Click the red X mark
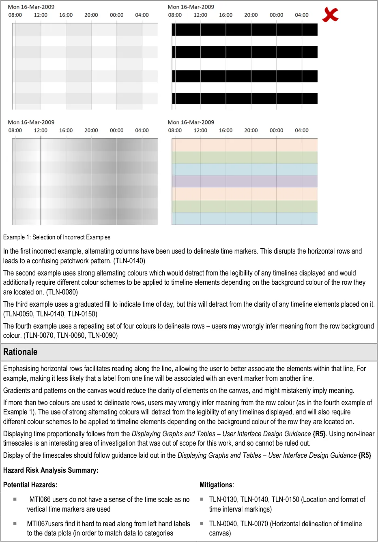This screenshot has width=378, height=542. click(x=330, y=15)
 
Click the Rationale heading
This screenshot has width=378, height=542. click(x=20, y=352)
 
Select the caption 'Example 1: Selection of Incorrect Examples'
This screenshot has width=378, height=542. click(x=57, y=237)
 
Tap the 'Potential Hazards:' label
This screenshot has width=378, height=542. click(x=30, y=485)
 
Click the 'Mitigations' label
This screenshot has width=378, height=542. click(x=216, y=485)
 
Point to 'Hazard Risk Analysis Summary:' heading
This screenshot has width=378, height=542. click(x=51, y=470)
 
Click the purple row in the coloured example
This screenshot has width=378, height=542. click(x=245, y=181)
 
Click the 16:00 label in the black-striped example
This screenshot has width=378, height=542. click(x=226, y=15)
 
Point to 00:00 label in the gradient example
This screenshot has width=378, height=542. click(x=116, y=130)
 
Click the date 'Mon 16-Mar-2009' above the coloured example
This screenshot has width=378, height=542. click(x=191, y=122)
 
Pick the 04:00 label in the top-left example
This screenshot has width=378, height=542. click(x=142, y=15)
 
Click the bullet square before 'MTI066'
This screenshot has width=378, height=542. click(x=15, y=499)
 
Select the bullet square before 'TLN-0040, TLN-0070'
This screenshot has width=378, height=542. click(x=202, y=524)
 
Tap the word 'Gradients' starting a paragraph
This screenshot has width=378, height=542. click(x=17, y=390)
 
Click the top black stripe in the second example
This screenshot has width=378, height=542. click(x=245, y=30)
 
